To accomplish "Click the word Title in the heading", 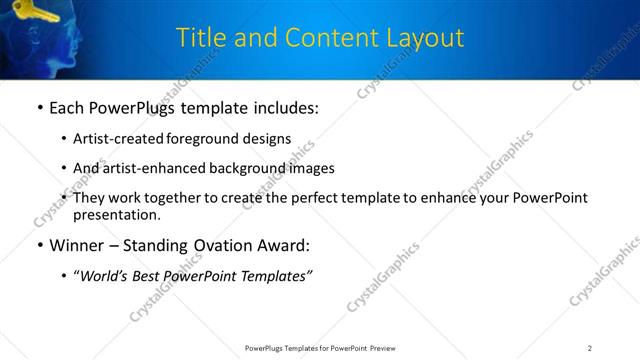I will (199, 38).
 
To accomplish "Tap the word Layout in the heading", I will (427, 38).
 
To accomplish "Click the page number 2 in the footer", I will (590, 347).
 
